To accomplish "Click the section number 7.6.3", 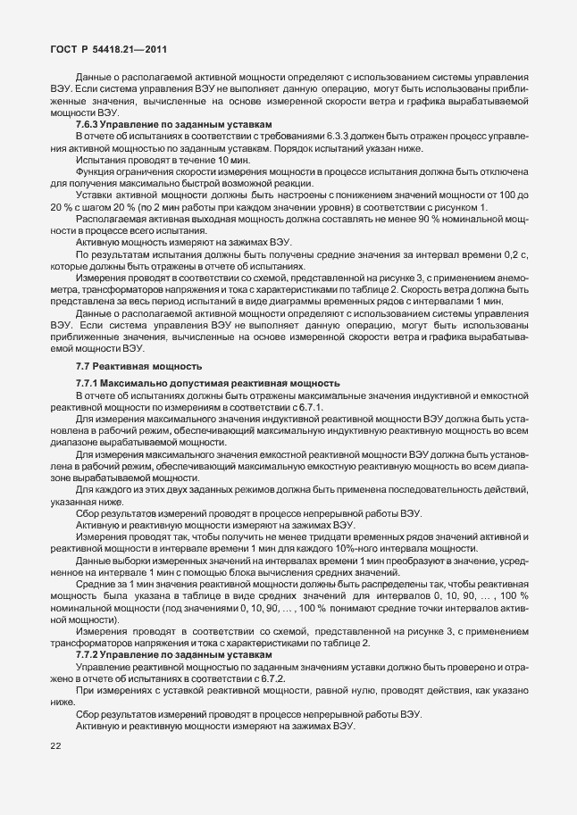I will click(88, 124).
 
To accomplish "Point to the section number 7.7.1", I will click(88, 382).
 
